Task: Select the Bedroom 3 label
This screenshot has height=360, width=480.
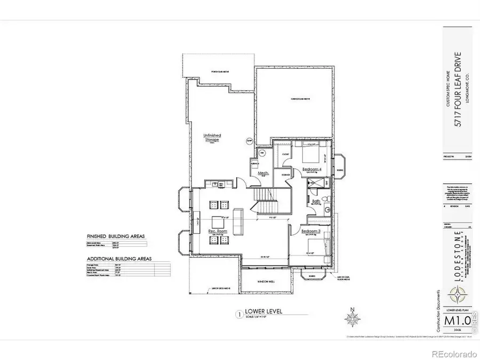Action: coord(311,231)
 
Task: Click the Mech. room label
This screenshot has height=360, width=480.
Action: coord(262,173)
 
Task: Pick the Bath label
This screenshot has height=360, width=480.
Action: coord(316,202)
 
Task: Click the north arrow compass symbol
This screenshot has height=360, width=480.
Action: coord(351,319)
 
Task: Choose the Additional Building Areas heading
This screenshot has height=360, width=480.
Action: coord(119,259)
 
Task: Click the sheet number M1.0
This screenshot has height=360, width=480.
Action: coord(457,321)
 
